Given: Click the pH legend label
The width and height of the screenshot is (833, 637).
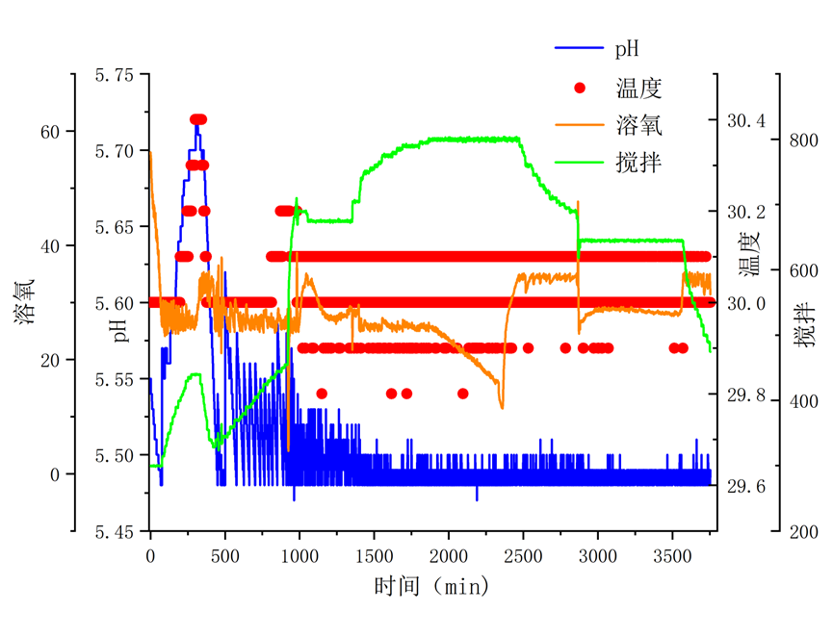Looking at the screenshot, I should pyautogui.click(x=627, y=47).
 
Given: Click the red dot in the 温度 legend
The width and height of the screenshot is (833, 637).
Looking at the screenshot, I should pyautogui.click(x=579, y=88).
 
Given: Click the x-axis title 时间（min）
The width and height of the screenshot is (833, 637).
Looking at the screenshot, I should pyautogui.click(x=431, y=585).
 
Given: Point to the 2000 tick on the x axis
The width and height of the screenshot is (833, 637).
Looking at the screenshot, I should pyautogui.click(x=448, y=556).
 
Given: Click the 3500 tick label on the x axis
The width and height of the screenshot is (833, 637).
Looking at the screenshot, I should pyautogui.click(x=671, y=556).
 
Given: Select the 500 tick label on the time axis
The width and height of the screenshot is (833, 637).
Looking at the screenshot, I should pyautogui.click(x=224, y=556).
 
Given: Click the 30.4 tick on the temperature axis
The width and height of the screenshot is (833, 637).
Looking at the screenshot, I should pyautogui.click(x=747, y=120).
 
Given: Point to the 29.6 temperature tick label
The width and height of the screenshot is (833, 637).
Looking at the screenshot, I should pyautogui.click(x=747, y=487).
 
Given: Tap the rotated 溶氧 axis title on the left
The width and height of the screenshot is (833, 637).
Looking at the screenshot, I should pyautogui.click(x=26, y=301).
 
